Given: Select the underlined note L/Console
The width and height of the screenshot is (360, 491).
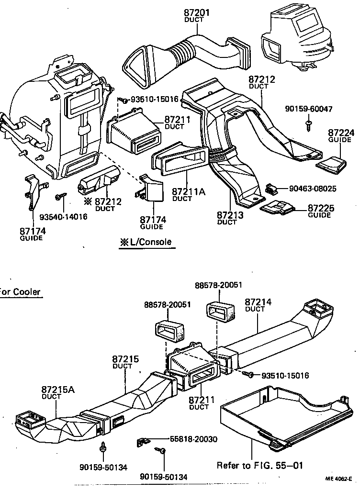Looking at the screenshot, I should [146, 242].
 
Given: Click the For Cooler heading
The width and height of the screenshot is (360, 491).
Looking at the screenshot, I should [20, 292].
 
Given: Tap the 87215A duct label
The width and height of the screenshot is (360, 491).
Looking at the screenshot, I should [58, 392].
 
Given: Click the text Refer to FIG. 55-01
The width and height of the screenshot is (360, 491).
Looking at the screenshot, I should [260, 465].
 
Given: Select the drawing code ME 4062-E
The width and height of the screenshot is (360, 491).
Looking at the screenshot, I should [339, 478].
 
